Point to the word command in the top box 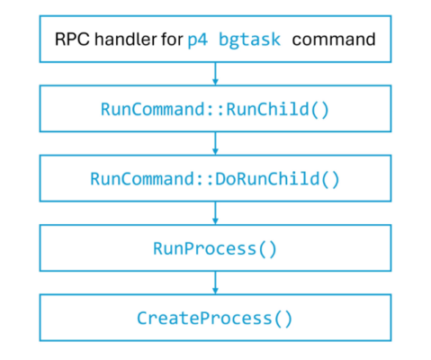334,39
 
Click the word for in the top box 169,39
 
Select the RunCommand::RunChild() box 215,109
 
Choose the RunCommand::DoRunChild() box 215,178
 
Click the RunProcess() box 215,248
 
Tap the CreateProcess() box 215,319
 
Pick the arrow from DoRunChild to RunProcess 215,213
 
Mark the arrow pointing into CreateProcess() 215,283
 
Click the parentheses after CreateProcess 283,319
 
